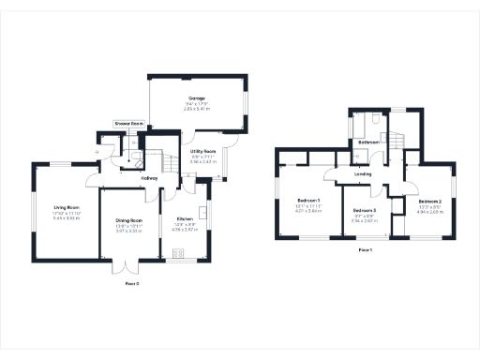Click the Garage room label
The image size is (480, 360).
pos(196,97)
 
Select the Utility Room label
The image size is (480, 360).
pos(203,151)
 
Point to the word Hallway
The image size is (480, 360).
pos(148,177)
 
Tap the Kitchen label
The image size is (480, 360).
pos(184,218)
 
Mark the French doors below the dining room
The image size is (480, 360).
pos(126,271)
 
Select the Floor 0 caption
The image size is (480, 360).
pos(132,282)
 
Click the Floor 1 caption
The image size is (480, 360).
pos(366,250)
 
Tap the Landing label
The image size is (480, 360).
pos(364,173)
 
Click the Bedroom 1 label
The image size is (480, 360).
pos(309,201)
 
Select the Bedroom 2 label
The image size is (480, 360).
pos(429,202)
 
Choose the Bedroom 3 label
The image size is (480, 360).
pos(365,210)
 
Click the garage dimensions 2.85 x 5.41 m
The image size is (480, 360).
pos(196,110)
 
